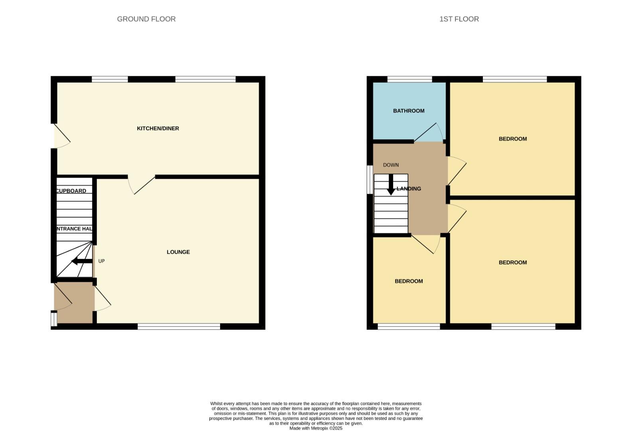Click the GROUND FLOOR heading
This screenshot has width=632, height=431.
(x=146, y=19)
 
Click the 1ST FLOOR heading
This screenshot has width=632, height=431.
(x=459, y=19)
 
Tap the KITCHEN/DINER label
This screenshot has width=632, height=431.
(x=158, y=129)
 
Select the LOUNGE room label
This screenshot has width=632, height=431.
(x=178, y=252)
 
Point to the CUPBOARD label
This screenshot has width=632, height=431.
(x=71, y=191)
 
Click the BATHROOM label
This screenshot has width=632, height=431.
(x=408, y=111)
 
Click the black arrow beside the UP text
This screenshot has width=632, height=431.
(x=82, y=261)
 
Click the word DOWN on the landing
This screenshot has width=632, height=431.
(x=390, y=165)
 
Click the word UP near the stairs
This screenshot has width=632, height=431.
(x=101, y=261)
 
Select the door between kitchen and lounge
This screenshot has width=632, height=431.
(x=141, y=185)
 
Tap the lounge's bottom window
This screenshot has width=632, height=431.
(x=179, y=326)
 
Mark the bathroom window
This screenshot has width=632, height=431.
(x=409, y=79)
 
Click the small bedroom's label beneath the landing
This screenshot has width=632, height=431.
(x=408, y=281)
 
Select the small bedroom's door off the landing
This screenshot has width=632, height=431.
(x=425, y=244)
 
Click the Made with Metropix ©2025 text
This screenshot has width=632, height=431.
(x=315, y=428)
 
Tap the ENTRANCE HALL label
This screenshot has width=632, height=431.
(x=74, y=229)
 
